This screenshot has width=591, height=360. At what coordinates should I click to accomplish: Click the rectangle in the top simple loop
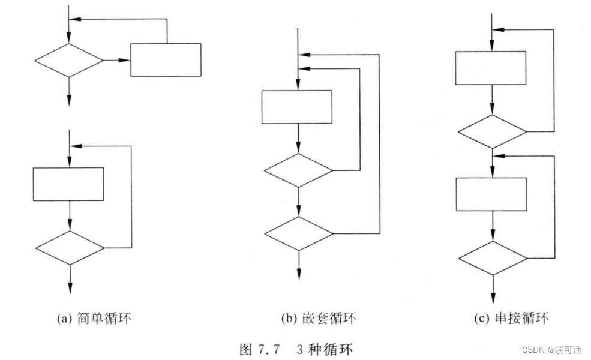coord(166,60)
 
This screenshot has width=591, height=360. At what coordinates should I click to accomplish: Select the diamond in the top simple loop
coord(69,60)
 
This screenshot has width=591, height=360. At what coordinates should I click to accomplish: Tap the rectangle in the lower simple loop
coord(68,184)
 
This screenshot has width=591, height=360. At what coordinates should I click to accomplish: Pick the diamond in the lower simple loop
coord(70,247)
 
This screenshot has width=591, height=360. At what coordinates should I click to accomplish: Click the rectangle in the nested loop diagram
coord(296,107)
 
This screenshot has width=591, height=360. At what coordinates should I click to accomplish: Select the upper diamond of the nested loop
coord(299,170)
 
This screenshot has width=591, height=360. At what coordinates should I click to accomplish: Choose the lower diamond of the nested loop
coord(299,233)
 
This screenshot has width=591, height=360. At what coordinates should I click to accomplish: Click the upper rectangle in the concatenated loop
coord(491,68)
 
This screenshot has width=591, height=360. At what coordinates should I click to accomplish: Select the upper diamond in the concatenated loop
coord(492,131)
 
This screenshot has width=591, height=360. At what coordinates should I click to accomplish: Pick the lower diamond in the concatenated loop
coord(493,258)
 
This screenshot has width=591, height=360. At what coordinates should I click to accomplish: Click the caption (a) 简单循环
coord(95,319)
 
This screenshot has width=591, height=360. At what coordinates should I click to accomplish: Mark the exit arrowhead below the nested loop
coord(299,275)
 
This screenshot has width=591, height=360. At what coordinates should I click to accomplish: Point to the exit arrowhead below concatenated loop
coord(493,298)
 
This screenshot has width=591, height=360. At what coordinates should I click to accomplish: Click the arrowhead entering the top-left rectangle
coord(127,60)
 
